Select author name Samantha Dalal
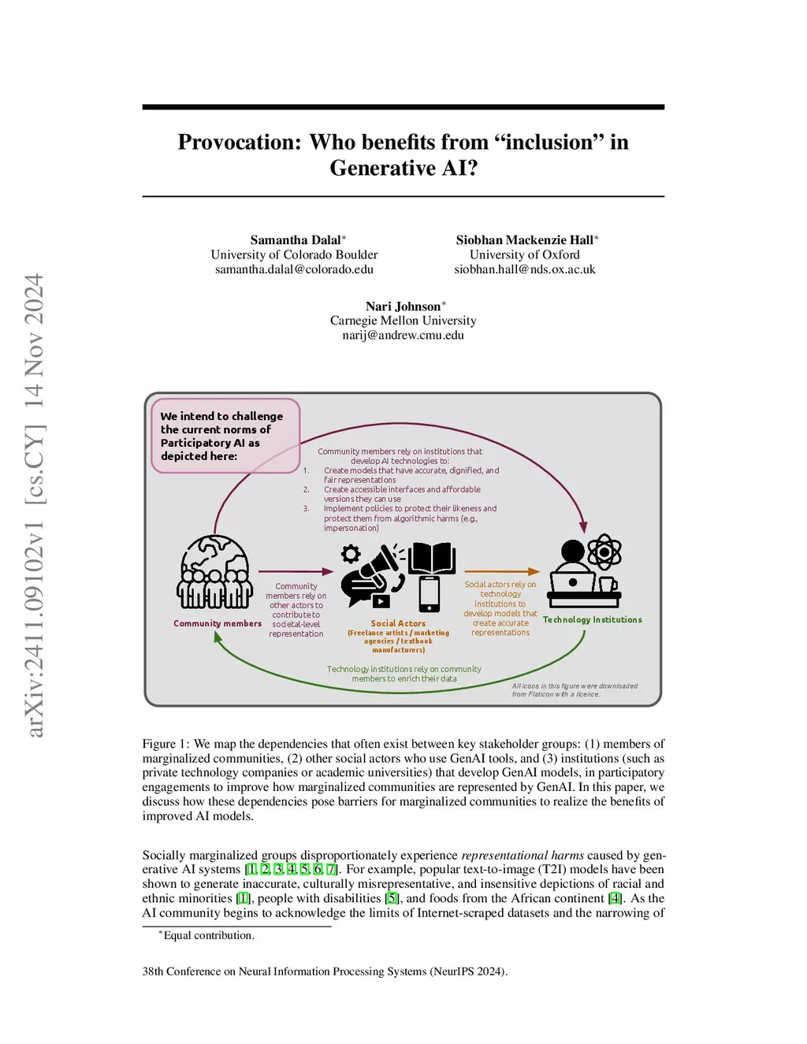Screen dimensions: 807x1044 tap(296, 240)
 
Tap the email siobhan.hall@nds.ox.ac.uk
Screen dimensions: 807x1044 tap(525, 269)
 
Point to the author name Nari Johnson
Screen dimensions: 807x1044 tap(403, 306)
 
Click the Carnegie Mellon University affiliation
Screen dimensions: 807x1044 tap(403, 321)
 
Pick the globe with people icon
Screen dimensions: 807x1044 tap(214, 572)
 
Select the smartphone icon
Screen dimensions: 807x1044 tap(430, 594)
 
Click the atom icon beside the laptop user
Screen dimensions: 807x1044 tap(604, 552)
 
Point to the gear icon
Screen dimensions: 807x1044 tap(351, 553)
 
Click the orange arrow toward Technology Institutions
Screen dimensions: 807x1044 tap(502, 572)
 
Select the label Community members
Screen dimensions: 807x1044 tap(218, 623)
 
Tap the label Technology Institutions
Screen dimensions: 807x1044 tap(593, 620)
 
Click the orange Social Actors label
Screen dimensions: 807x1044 tap(398, 623)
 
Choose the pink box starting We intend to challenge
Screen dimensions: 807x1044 tap(225, 436)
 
